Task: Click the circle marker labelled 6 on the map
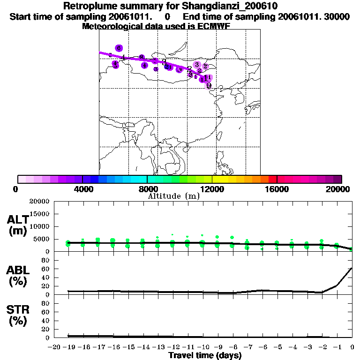[x=119, y=48]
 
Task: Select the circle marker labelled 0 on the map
[x=209, y=85]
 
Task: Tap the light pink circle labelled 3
[x=197, y=65]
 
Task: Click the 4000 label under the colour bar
[x=82, y=189]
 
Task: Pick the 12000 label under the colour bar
[x=212, y=189]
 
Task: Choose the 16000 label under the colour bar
[x=277, y=189]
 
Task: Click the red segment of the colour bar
[x=272, y=179]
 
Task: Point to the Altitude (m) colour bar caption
[x=174, y=196]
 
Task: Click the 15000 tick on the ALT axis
[x=39, y=214]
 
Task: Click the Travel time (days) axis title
[x=205, y=355]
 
